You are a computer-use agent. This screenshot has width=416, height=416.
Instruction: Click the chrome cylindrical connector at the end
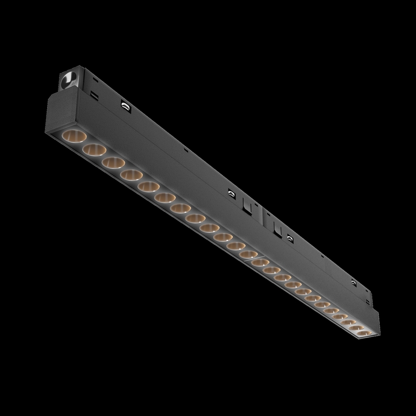69,80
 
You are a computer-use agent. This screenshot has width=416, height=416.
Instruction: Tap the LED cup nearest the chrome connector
73,135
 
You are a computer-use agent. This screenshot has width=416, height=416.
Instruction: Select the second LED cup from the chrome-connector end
94,149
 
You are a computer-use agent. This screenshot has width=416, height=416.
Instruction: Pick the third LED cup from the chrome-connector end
113,162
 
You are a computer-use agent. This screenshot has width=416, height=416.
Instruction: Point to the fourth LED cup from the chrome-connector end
131,175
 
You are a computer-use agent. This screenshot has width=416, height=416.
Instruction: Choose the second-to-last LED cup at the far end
355,325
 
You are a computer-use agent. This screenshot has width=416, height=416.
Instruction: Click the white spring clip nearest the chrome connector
126,106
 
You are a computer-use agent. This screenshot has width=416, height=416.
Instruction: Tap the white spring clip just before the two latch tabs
231,192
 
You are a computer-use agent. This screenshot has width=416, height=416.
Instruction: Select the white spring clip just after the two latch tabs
289,237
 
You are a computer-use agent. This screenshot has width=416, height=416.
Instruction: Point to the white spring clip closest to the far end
353,283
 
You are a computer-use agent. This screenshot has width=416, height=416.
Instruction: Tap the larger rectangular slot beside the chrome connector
94,95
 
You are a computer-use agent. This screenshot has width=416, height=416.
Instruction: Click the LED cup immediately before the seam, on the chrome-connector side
249,253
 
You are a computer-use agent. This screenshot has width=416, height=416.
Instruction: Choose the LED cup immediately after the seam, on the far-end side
261,262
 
